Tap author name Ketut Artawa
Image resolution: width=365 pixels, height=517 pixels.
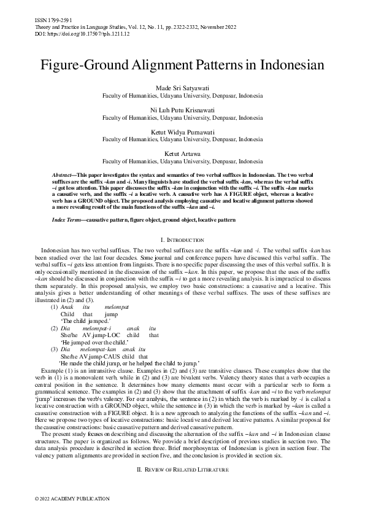pyautogui.click(x=182, y=152)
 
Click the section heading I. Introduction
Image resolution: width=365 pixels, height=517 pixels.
pyautogui.click(x=182, y=239)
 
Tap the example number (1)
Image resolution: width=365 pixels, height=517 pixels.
pyautogui.click(x=55, y=307)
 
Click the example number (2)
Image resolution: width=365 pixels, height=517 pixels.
pyautogui.click(x=55, y=328)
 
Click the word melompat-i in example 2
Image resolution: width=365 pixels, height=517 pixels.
pyautogui.click(x=96, y=328)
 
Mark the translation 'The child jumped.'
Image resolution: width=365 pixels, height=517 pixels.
pyautogui.click(x=86, y=321)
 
